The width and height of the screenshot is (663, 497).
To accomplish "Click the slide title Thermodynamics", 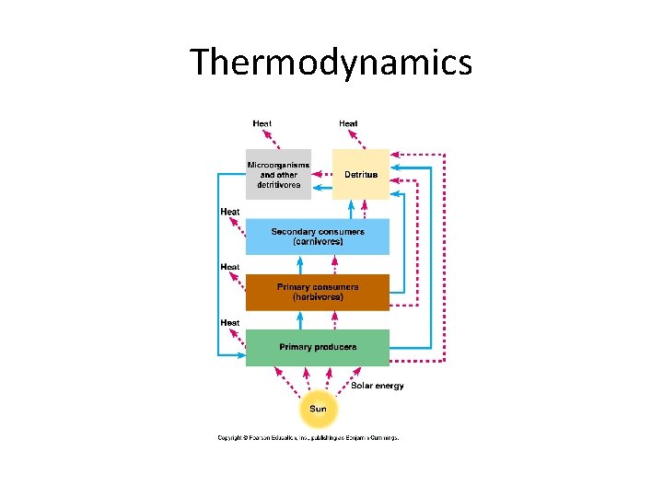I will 331,63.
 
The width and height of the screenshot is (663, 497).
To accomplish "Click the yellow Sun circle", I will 318,410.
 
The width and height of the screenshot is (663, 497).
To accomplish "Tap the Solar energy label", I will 377,386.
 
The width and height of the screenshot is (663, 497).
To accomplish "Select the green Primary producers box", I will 318,347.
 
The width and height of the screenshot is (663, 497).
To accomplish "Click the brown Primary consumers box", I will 318,292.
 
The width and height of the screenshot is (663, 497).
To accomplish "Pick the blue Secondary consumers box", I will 318,237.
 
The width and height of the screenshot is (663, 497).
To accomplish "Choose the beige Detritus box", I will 361,174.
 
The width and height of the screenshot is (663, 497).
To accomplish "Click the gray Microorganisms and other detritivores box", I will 278,174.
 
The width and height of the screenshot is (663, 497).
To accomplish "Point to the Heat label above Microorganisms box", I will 262,123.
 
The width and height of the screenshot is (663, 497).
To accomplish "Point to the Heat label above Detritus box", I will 348,123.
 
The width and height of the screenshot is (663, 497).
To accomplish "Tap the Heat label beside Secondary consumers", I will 229,212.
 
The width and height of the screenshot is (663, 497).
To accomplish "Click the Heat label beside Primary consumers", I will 229,267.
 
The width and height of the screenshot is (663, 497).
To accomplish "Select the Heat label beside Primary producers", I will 229,322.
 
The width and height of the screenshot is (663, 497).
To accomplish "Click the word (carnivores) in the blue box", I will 318,242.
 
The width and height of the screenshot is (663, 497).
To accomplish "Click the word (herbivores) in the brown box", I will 318,297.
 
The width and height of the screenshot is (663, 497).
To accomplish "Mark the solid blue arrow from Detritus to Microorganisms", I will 321,185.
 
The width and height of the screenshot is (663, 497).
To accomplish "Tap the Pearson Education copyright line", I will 308,438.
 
